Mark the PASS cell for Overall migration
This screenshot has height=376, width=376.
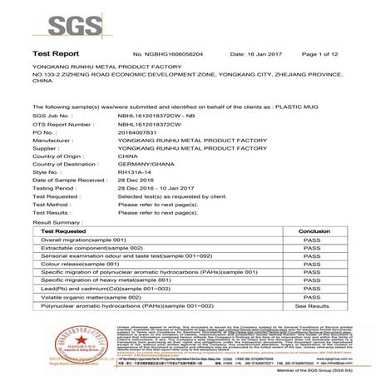(314, 240)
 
